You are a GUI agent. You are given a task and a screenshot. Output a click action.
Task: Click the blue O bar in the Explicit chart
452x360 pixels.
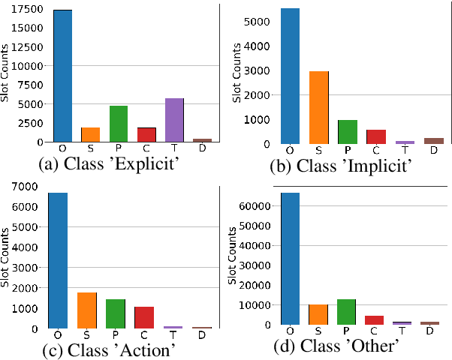coord(62,76)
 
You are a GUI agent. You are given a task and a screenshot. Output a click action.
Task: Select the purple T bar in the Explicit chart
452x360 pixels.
coord(174,120)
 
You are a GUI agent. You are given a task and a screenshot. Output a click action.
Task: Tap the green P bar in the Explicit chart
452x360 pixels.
coord(119,124)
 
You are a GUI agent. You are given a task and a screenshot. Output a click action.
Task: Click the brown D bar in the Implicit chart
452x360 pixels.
coord(433,140)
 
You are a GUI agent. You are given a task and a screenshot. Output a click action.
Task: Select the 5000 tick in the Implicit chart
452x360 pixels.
coord(257,22)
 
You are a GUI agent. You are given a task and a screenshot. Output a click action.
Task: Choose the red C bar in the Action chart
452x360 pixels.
coord(143,317)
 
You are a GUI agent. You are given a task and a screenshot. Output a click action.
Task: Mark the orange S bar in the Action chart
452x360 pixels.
coord(87,310)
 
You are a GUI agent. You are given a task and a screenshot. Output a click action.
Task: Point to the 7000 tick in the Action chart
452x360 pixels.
coord(26,185)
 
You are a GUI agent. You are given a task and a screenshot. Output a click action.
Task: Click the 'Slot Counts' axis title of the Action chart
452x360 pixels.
coord(6,266)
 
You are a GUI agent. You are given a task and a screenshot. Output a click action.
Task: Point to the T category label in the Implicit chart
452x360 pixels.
coord(405,150)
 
